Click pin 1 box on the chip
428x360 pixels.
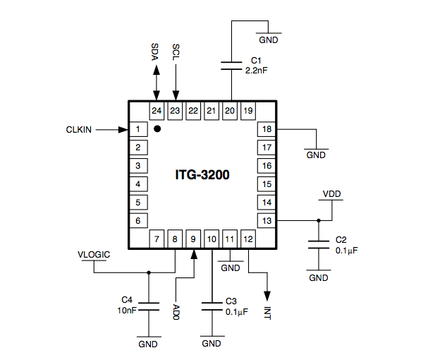[x=138, y=129]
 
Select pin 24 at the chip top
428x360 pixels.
[x=157, y=110]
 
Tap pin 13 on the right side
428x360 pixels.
[x=266, y=221]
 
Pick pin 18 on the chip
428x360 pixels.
[x=266, y=129]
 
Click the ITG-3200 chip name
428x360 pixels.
[x=202, y=174]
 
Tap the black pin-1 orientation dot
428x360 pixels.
[x=158, y=128]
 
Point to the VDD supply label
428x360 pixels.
[x=331, y=193]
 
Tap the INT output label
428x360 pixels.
[x=267, y=311]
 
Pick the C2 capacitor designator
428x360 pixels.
[x=341, y=240]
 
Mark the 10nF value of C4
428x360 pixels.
[x=127, y=310]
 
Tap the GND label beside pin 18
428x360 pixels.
[x=315, y=155]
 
